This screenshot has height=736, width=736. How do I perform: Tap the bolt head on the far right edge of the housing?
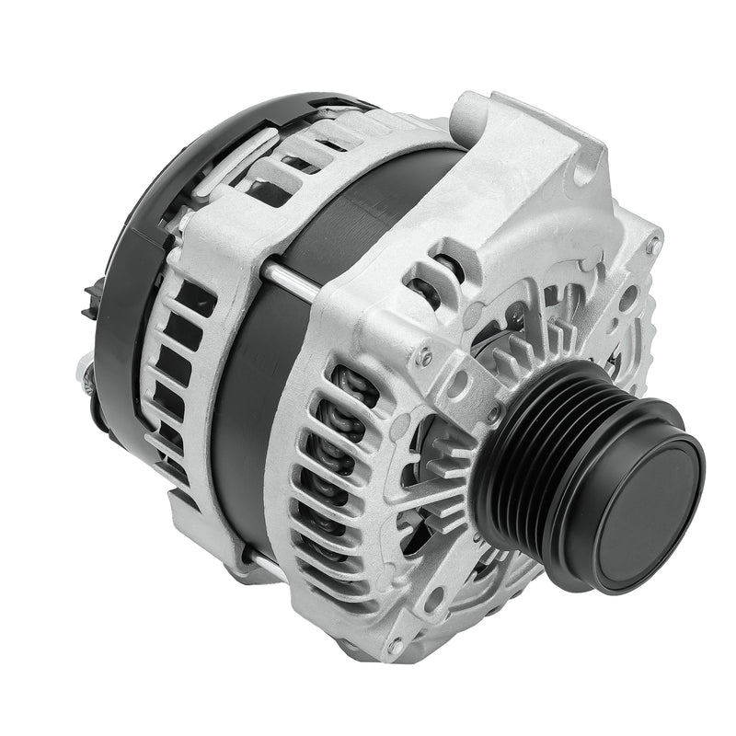tap(652, 247)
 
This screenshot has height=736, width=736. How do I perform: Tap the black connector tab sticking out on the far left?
tap(89, 299)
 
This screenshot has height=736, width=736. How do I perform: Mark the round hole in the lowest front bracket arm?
tap(432, 598)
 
